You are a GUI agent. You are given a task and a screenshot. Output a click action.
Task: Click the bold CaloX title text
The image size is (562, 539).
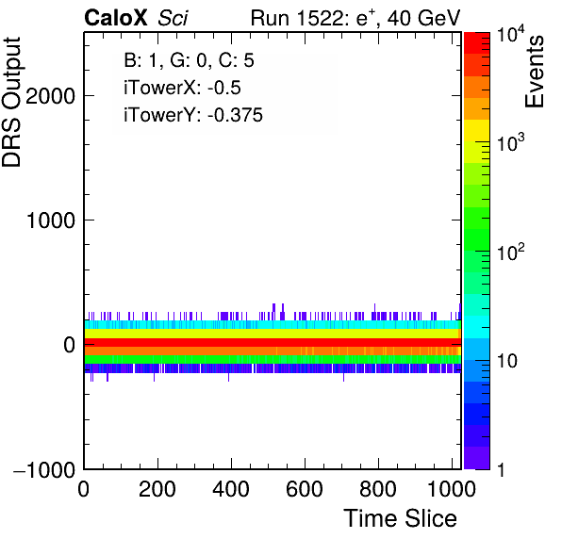pyautogui.click(x=116, y=18)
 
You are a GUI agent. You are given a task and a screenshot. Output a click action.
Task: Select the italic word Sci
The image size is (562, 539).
pyautogui.click(x=173, y=18)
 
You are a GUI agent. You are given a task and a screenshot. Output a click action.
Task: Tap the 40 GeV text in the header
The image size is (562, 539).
pyautogui.click(x=423, y=18)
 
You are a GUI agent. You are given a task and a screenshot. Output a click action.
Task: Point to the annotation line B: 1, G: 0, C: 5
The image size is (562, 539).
pyautogui.click(x=189, y=60)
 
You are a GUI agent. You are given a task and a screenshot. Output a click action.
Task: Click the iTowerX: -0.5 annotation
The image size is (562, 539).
pyautogui.click(x=182, y=88)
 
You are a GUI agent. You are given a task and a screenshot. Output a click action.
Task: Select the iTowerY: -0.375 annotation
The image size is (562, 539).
pyautogui.click(x=193, y=115)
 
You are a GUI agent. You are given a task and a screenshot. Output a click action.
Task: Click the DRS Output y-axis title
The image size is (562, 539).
pyautogui.click(x=11, y=102)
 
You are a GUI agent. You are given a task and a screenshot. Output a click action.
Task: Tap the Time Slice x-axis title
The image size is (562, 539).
pyautogui.click(x=401, y=518)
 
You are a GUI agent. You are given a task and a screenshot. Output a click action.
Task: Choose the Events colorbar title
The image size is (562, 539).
pyautogui.click(x=534, y=72)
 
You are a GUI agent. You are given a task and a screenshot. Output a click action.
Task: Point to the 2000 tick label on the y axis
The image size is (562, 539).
pyautogui.click(x=51, y=96)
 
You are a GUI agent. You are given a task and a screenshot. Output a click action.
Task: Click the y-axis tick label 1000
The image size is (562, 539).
pyautogui.click(x=51, y=220)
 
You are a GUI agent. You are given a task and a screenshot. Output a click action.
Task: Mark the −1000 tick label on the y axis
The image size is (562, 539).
pyautogui.click(x=44, y=469)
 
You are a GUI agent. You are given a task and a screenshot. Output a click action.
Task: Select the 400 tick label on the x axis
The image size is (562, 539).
pyautogui.click(x=231, y=489)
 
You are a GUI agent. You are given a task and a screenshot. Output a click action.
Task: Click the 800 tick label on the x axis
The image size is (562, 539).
pyautogui.click(x=378, y=489)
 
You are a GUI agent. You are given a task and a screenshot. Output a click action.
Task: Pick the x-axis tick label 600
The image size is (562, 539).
pyautogui.click(x=305, y=489)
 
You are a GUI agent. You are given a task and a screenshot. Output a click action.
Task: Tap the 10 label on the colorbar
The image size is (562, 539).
pyautogui.click(x=506, y=361)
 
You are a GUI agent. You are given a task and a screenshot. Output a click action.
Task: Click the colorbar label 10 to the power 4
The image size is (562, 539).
pyautogui.click(x=511, y=34)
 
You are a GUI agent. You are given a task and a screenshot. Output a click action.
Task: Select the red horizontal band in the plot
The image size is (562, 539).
pyautogui.click(x=273, y=342)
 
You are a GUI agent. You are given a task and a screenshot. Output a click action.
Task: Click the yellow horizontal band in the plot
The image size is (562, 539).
pyautogui.click(x=272, y=334)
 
